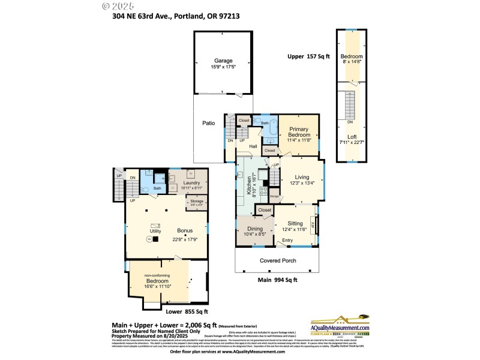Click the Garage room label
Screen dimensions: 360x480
[223, 61]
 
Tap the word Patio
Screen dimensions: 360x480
[208, 123]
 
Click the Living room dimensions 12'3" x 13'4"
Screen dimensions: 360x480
[301, 183]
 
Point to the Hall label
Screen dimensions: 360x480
[253, 146]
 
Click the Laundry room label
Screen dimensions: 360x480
[191, 183]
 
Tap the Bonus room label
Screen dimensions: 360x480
[185, 230]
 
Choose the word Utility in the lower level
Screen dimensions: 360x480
[155, 230]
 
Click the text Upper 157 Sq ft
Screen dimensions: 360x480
[308, 56]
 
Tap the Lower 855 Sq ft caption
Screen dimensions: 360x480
[187, 311]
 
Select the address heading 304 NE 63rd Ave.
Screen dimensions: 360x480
[176, 16]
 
